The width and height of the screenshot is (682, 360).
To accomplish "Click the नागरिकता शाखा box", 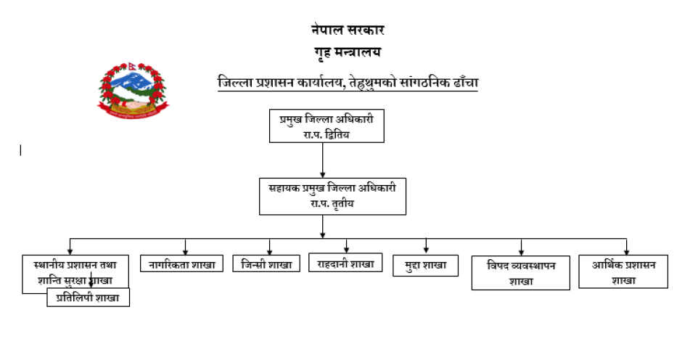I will pos(182,265).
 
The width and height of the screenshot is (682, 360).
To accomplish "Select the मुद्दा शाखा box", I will pos(425,266).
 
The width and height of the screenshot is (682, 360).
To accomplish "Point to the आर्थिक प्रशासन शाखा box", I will pos(623,272).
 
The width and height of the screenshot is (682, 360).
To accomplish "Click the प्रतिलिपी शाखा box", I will pos(89,298).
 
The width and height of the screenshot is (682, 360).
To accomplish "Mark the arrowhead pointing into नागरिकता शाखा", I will pos(186,250).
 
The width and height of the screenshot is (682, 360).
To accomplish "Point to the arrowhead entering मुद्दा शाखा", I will pos(426,250).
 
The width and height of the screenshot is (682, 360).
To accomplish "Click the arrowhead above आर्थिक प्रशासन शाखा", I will pos(626,250).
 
